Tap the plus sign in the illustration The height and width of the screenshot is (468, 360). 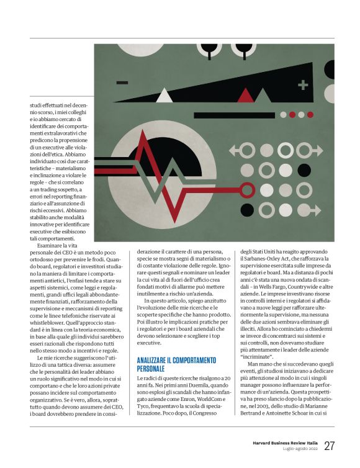click(x=303, y=84)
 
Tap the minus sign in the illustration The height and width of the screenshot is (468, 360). click(x=122, y=82)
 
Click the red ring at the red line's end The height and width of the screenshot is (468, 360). click(x=247, y=189)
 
